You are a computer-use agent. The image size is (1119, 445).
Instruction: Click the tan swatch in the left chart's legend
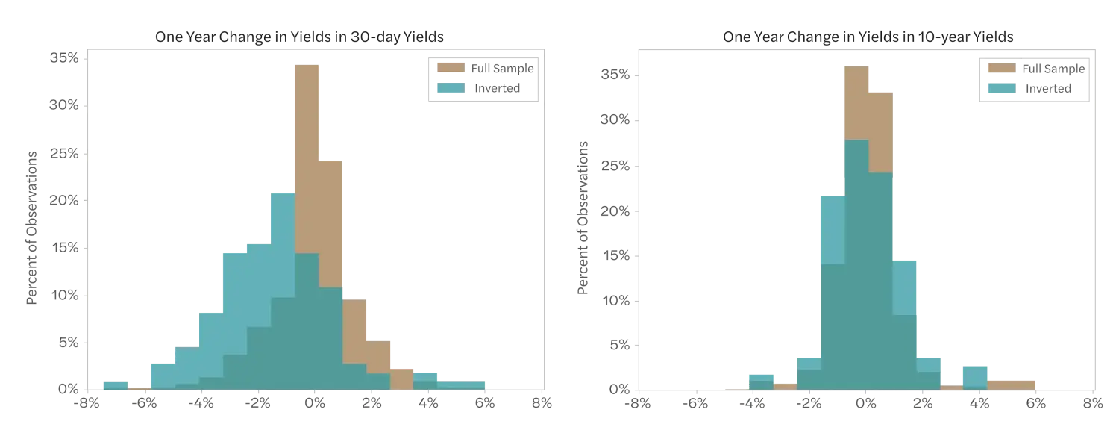coord(451,67)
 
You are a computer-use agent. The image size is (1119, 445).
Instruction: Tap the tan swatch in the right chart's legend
coord(1002,69)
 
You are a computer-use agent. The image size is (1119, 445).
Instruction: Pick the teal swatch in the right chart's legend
coord(1002,88)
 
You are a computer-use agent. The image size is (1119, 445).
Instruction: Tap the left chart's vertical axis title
coord(33,225)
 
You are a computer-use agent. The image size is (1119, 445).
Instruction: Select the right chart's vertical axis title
coord(583,218)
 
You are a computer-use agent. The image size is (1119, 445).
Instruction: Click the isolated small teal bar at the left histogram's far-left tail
coord(116,384)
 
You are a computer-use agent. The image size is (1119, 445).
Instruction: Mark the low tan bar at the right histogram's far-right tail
coord(1012,383)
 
